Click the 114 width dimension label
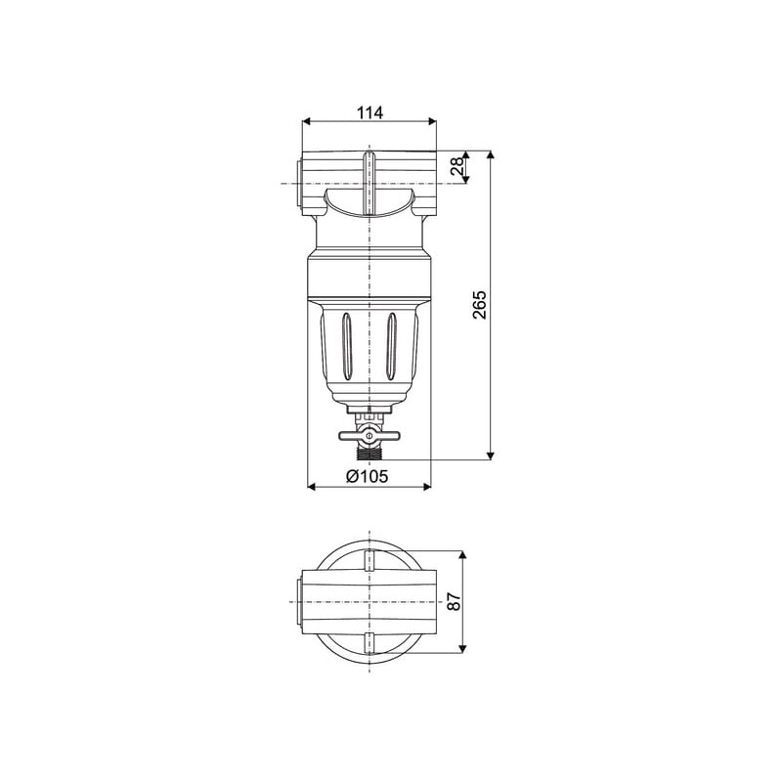[x=369, y=112]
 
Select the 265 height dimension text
[x=479, y=305]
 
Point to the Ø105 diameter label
[x=368, y=476]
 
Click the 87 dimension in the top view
[x=454, y=601]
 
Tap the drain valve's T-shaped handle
[x=369, y=436]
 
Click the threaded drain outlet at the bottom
[x=369, y=453]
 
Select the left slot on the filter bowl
[x=347, y=346]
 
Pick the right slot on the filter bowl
[x=392, y=346]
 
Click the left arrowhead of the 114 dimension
[x=306, y=121]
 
